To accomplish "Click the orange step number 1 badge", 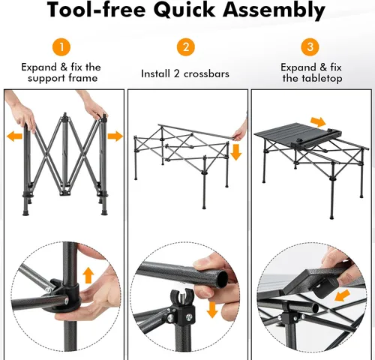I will point(62,47).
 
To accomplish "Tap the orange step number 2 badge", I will point(185,47).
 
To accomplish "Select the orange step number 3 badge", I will point(308,47).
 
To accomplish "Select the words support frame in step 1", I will point(62,79).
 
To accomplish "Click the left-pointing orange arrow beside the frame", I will point(12,136).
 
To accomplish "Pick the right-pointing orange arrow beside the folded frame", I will point(115,136).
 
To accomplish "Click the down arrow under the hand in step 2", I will point(236,152).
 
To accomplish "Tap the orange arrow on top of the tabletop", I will point(319,121).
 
